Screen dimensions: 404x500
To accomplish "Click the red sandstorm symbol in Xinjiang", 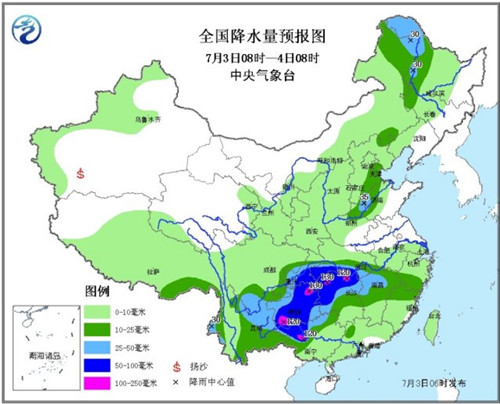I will click(81, 171).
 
